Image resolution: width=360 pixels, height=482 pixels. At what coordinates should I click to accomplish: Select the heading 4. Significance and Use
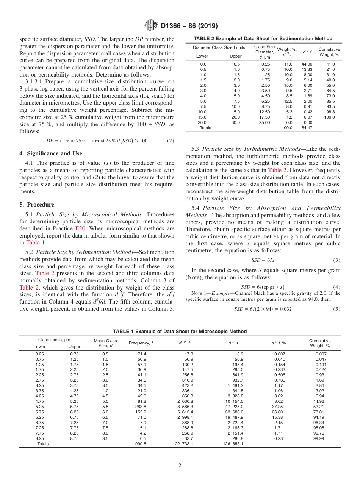pyautogui.click(x=51, y=153)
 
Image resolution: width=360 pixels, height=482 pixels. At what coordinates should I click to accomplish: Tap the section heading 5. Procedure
pyautogui.click(x=36, y=205)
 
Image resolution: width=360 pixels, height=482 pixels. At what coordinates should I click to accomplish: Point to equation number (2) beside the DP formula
pyautogui.click(x=171, y=141)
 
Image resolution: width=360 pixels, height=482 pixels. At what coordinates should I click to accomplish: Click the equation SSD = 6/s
pyautogui.click(x=259, y=260)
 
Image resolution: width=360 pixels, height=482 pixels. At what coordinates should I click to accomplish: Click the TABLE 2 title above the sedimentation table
pyautogui.click(x=263, y=39)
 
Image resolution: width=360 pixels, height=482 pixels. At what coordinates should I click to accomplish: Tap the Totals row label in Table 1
pyautogui.click(x=43, y=444)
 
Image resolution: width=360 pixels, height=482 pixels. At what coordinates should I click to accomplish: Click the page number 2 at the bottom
pyautogui.click(x=180, y=466)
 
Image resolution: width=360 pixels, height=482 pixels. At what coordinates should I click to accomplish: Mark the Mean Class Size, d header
pyautogui.click(x=106, y=343)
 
